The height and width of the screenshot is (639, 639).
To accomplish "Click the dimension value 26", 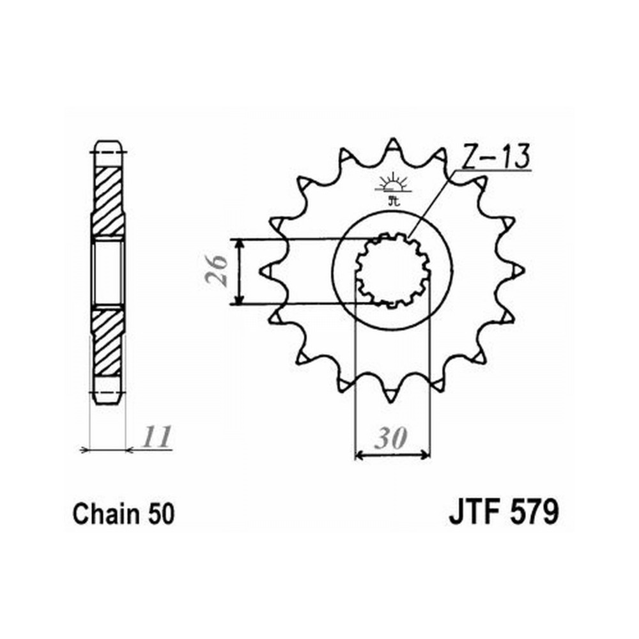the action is (216, 270).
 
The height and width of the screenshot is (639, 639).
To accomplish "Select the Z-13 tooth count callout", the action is (496, 156).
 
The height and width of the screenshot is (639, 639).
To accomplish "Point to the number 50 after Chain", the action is (162, 514).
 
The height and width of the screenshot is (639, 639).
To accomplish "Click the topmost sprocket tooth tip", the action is (392, 139).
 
